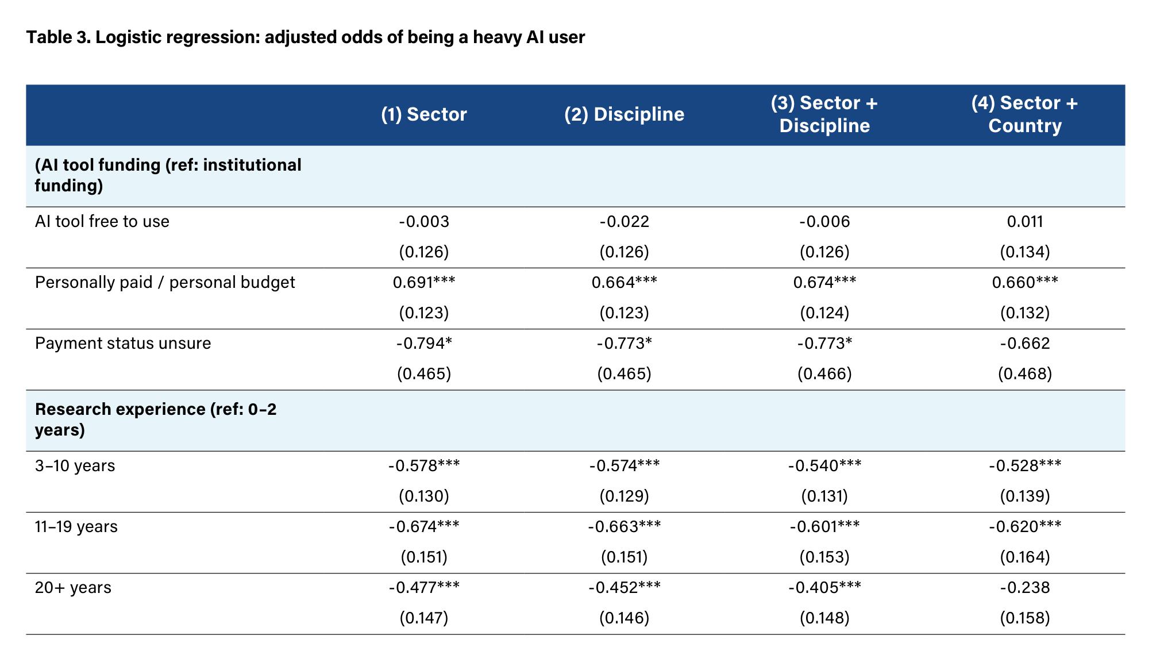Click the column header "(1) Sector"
click(424, 114)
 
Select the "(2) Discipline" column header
click(624, 114)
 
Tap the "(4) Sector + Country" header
click(1025, 114)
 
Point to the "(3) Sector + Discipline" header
click(824, 114)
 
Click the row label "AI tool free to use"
click(102, 222)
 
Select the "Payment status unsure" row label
click(123, 344)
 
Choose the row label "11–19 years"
click(76, 527)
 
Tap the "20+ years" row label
click(73, 588)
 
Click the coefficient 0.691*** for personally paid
click(424, 283)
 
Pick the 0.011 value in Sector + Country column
click(1025, 222)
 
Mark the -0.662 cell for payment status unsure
click(1025, 344)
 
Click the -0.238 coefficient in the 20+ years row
click(1025, 588)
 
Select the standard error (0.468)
click(1025, 374)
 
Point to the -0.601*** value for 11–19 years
click(824, 527)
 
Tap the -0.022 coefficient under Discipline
click(624, 222)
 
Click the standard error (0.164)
click(1025, 557)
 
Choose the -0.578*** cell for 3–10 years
click(424, 466)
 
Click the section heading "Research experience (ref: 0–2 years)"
click(156, 419)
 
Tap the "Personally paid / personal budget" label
click(165, 283)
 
